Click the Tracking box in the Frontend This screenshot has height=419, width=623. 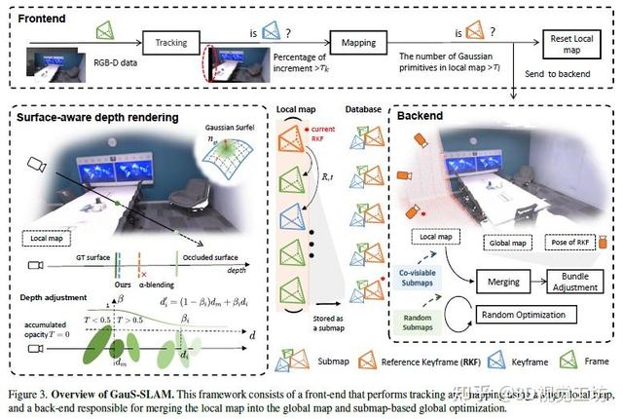point(171,42)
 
